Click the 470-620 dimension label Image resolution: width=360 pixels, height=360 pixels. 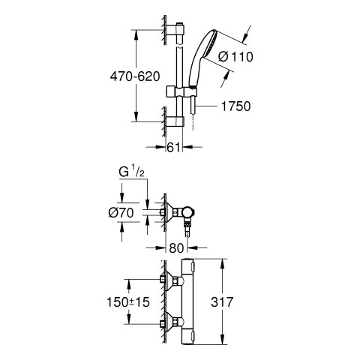coord(135,76)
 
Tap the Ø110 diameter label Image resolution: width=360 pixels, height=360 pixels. coord(235,57)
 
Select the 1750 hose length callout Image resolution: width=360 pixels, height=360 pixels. coord(235,106)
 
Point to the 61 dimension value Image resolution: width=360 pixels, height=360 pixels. coord(173,147)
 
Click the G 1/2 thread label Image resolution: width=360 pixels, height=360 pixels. coord(131,172)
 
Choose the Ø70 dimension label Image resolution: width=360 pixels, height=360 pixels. coord(121,213)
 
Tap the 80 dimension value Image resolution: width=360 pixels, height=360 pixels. coord(176,248)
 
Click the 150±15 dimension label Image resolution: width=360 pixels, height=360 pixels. coord(128,301)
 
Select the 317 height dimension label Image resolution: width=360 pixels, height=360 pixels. coord(222,301)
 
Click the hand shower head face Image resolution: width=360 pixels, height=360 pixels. coord(211,44)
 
